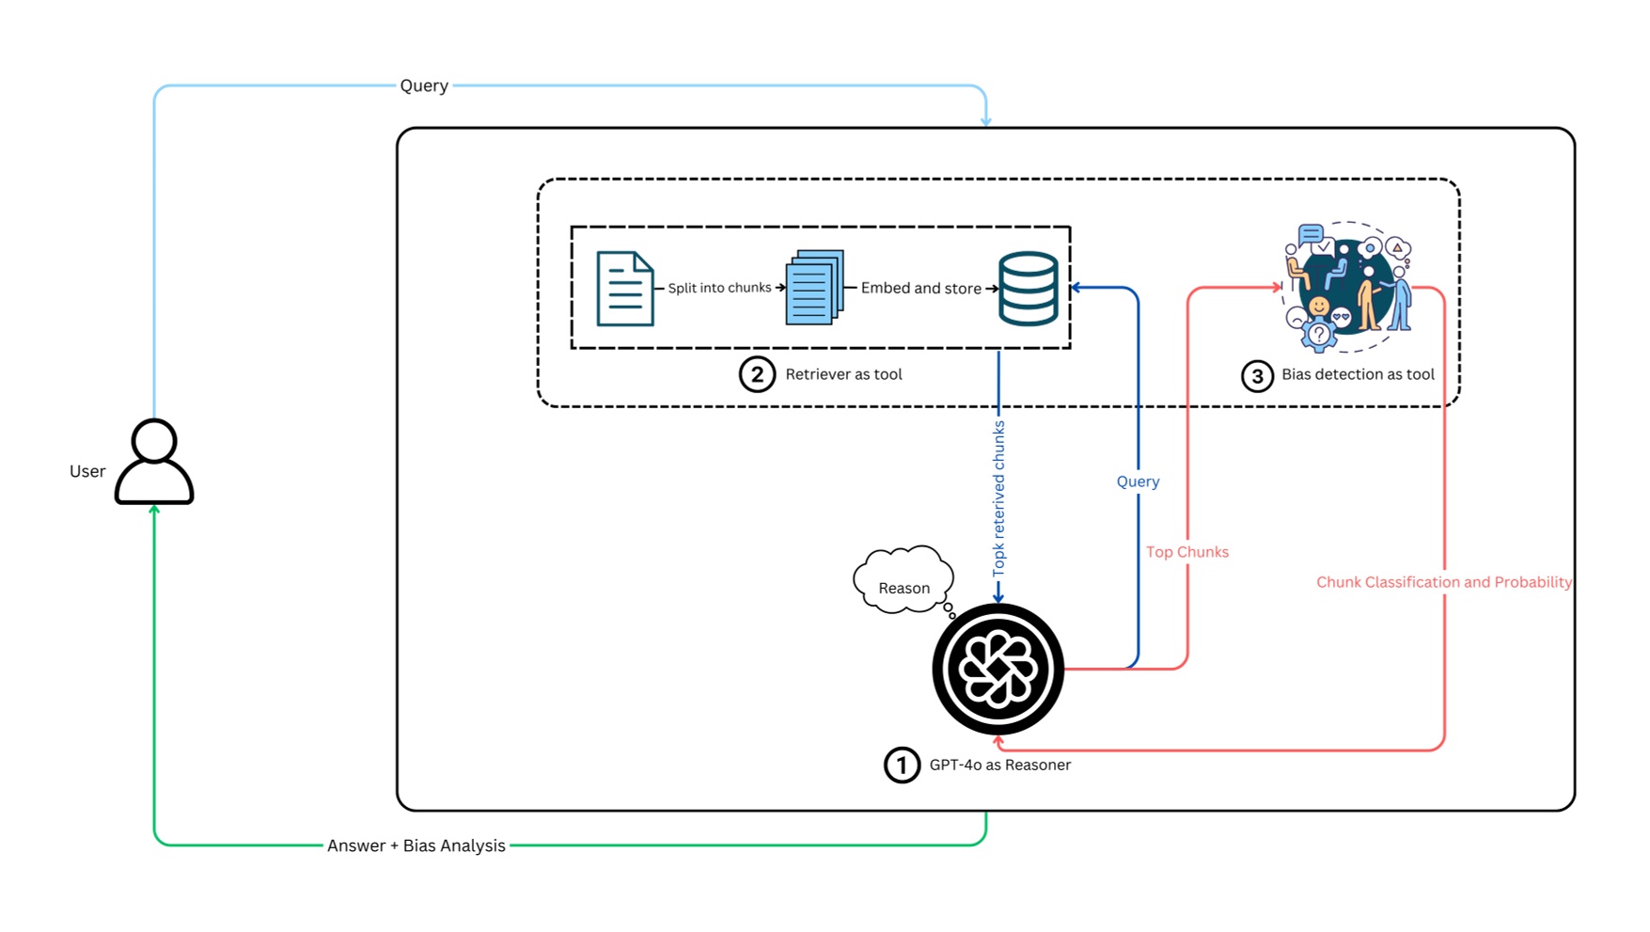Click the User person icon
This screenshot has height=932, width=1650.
coord(154,462)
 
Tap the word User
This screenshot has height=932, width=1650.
coord(87,471)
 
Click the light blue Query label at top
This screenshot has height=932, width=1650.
coord(424,86)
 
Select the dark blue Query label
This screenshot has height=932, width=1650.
coord(1138,482)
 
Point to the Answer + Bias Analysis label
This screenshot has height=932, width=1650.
coord(416,845)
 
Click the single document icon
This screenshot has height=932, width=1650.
coord(625,289)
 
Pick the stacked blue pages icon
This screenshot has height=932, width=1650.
coord(814,288)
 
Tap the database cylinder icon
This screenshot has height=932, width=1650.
coord(1028,289)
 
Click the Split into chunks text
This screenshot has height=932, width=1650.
coord(719,288)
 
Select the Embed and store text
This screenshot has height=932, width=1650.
coord(920,289)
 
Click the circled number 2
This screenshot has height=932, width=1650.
coord(757,374)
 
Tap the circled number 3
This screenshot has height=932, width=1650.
coord(1257,376)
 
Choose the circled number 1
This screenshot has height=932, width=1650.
coord(902,765)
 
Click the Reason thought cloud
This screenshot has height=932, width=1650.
coord(904,582)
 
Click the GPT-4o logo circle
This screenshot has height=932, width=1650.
coord(998,670)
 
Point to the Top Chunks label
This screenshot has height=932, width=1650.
coord(1186,552)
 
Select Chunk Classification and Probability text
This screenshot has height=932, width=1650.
coord(1443,582)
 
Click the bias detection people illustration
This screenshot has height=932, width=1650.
coord(1348,287)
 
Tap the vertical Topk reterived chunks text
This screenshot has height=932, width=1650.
coord(998,498)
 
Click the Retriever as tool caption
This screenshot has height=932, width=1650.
coord(843,374)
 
